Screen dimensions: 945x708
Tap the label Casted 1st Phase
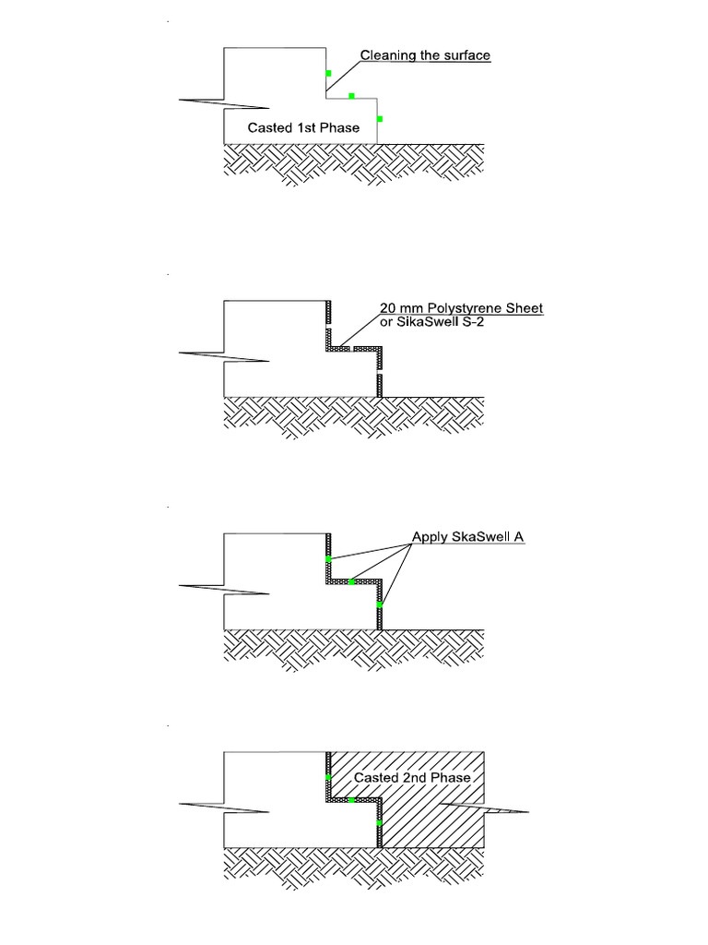tap(303, 128)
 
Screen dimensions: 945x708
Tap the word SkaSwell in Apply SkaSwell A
tap(482, 536)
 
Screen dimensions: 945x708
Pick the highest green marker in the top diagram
tap(328, 73)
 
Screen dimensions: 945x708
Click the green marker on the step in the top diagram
tap(351, 95)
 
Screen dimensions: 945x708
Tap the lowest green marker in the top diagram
tap(379, 119)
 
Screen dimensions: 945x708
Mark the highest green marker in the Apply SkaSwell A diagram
tap(328, 559)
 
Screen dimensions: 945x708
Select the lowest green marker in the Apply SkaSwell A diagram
tap(379, 604)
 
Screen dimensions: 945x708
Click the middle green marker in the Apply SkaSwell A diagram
tap(351, 581)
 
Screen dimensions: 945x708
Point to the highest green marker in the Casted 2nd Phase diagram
tap(328, 778)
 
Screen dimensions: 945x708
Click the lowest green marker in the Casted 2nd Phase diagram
tap(379, 822)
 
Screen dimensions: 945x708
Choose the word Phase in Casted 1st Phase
tap(340, 128)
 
